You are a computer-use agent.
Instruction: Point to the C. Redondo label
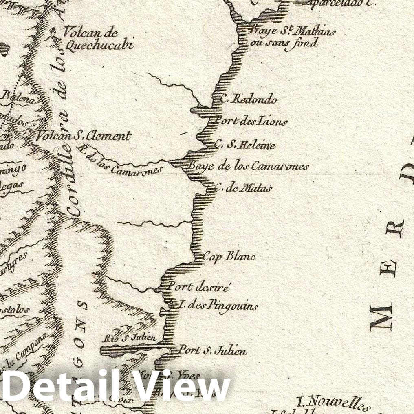pos(249,99)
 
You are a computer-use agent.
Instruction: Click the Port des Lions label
pos(251,121)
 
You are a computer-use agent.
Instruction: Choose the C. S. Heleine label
pos(245,145)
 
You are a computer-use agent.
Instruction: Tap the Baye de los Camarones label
pos(249,166)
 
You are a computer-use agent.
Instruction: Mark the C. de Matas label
pos(243,188)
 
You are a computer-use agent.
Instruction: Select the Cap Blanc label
pos(229,256)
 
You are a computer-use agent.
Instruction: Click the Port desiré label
pos(199,286)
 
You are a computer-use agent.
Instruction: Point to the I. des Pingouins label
pos(218,305)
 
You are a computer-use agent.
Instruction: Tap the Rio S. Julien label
pos(130,338)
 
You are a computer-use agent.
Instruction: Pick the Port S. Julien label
pos(212,350)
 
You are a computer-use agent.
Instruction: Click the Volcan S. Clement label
pos(83,136)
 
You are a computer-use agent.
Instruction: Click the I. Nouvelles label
pos(333,403)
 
